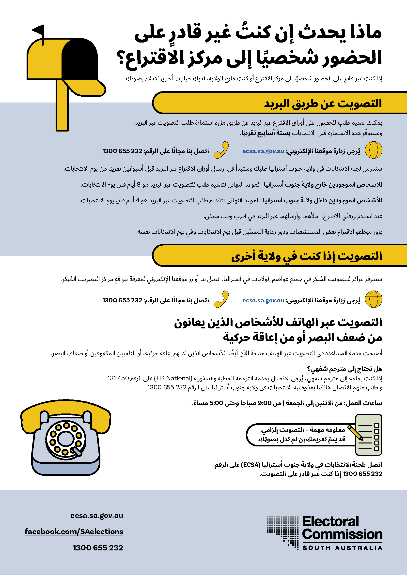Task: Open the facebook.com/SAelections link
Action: pos(74,531)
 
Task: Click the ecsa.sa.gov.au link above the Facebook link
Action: pos(97,516)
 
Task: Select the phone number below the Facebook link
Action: pos(98,548)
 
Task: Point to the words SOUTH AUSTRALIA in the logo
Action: pos(342,548)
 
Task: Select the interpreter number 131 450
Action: pos(118,378)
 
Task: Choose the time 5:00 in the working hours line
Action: pos(216,403)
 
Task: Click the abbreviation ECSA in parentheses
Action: pos(250,465)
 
